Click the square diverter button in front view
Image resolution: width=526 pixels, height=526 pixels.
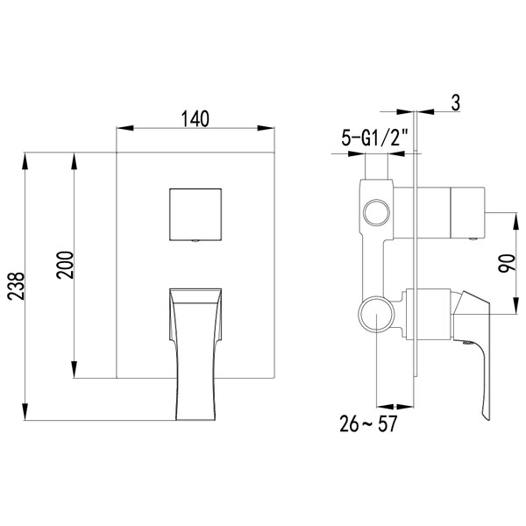click(194, 213)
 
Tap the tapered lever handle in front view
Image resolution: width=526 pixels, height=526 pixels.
click(194, 351)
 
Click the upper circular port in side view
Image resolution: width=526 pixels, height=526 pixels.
click(378, 213)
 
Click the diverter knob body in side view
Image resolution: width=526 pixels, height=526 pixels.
click(467, 213)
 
